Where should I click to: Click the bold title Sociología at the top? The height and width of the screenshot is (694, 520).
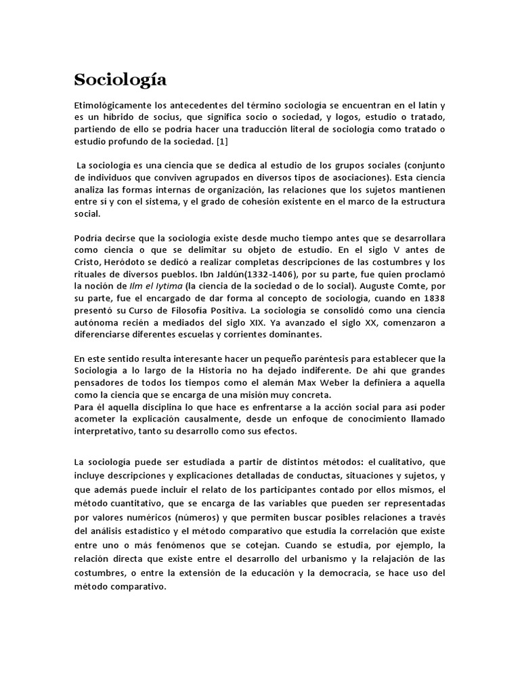click(x=120, y=80)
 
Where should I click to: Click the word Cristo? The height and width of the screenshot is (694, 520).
click(x=89, y=263)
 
